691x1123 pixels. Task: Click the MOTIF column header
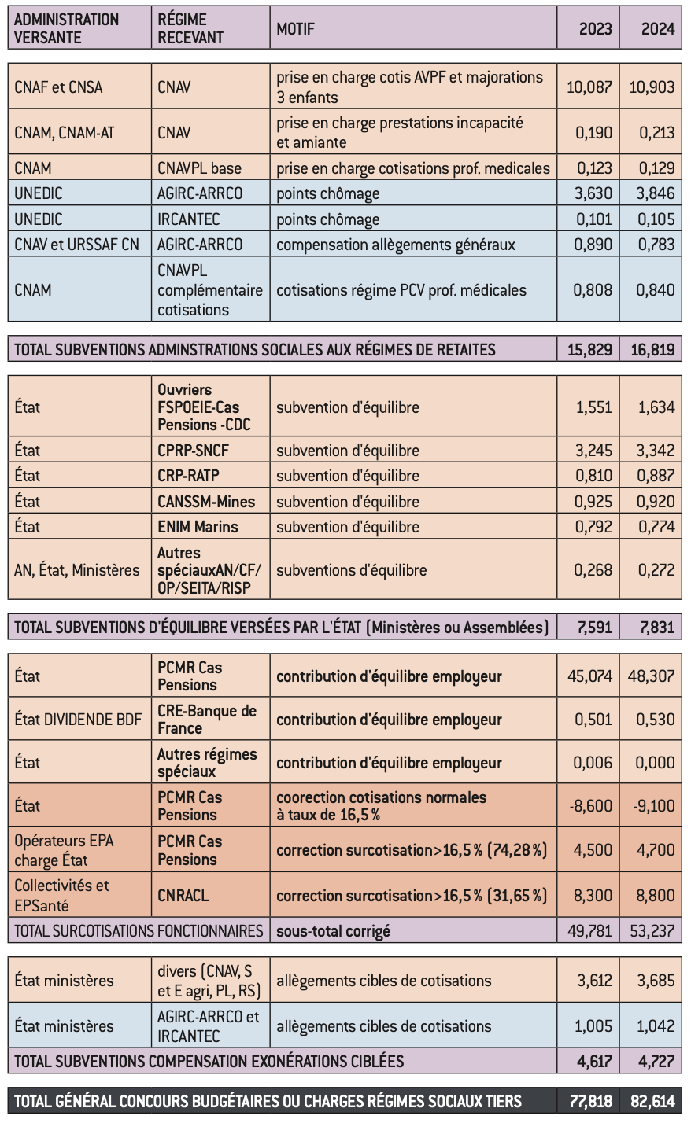(295, 29)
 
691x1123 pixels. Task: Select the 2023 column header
(595, 29)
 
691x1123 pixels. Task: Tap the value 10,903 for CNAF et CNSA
(652, 87)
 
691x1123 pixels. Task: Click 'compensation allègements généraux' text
(396, 245)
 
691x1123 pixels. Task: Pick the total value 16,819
(652, 349)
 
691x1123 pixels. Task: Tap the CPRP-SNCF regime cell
(193, 451)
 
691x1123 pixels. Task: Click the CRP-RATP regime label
(188, 476)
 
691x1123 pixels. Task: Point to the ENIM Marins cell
(198, 527)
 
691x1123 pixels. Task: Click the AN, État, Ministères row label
(77, 570)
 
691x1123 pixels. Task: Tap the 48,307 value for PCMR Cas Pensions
(651, 676)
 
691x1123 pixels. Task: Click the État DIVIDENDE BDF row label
(78, 720)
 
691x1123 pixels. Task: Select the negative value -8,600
(590, 806)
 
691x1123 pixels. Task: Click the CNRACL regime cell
(183, 895)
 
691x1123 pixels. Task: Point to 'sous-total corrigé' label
(333, 931)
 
